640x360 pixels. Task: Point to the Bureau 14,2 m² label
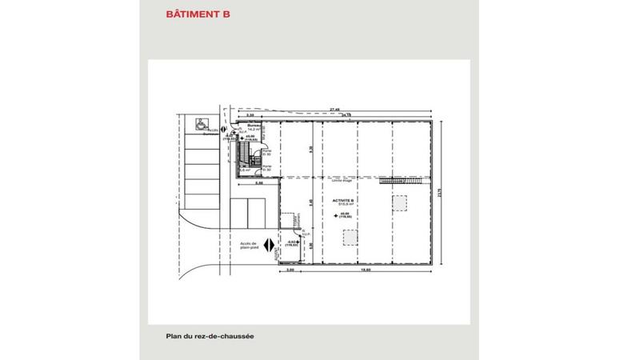click(x=254, y=128)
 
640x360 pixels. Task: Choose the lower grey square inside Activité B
click(x=349, y=238)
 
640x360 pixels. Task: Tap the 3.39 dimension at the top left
click(x=250, y=115)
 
